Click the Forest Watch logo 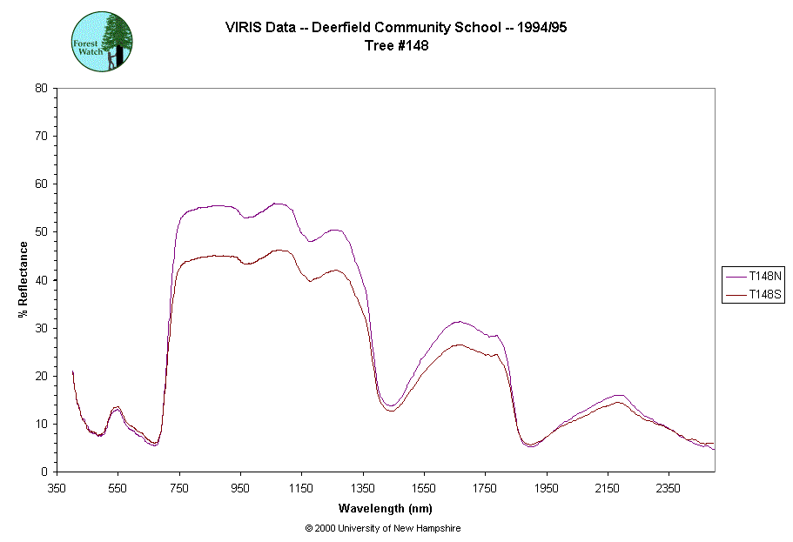coord(102,42)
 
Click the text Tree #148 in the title coord(396,46)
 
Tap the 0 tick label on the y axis coord(44,472)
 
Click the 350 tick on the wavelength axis coord(57,488)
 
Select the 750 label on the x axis coord(179,488)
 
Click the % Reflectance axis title coord(24,279)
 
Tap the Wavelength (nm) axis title coord(386,508)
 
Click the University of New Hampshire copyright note coord(383,528)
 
